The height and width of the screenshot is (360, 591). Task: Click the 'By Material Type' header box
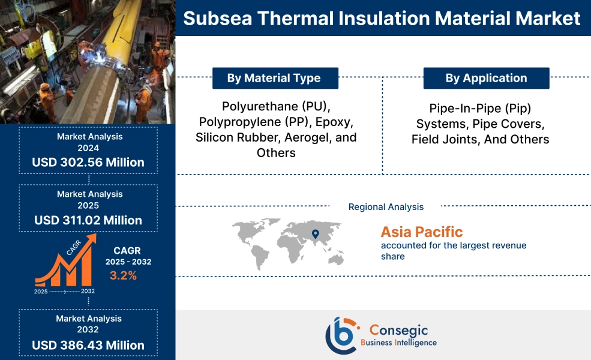click(275, 78)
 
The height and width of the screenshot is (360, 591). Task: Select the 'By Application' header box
click(486, 78)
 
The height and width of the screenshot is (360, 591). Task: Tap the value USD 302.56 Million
click(88, 162)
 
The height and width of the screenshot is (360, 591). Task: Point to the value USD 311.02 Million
click(88, 220)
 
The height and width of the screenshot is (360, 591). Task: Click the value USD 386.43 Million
click(88, 345)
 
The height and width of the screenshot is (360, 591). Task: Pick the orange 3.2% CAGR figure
click(123, 275)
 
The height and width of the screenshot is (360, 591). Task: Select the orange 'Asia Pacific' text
click(421, 232)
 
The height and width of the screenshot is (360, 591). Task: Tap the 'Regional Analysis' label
click(386, 207)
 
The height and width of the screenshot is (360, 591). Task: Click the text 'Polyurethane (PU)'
click(275, 107)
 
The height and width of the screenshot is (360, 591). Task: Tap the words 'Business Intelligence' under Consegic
click(398, 343)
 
